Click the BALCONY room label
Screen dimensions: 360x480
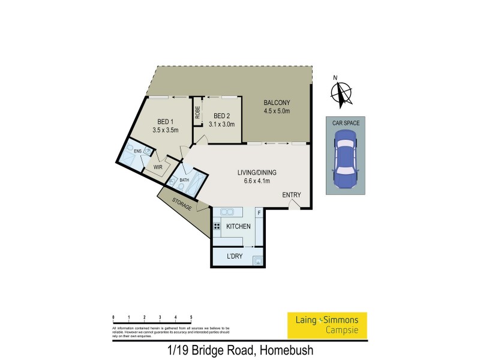pyautogui.click(x=277, y=103)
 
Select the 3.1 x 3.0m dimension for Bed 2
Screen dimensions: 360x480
pyautogui.click(x=221, y=124)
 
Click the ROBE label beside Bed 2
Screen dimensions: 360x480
pyautogui.click(x=197, y=113)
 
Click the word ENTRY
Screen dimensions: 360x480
pyautogui.click(x=292, y=194)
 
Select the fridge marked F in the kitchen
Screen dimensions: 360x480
pyautogui.click(x=259, y=212)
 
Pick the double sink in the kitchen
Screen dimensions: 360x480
pyautogui.click(x=227, y=212)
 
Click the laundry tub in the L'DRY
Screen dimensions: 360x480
pyautogui.click(x=257, y=260)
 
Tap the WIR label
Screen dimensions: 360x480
pyautogui.click(x=158, y=167)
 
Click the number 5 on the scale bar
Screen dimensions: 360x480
pyautogui.click(x=191, y=316)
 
